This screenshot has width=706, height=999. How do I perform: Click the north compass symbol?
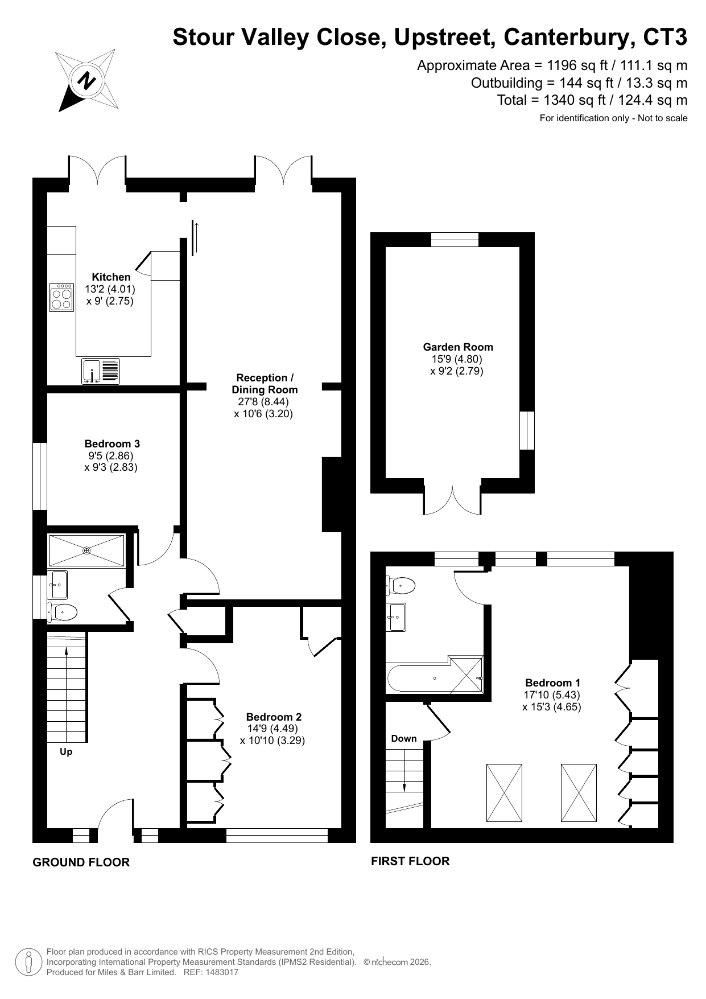pos(87,80)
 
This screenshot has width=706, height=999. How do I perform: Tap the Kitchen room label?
pos(111,277)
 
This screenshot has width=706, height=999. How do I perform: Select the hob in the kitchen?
pos(62,297)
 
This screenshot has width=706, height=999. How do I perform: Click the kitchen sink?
pos(101,371)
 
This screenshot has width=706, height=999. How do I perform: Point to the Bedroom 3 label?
pos(112,443)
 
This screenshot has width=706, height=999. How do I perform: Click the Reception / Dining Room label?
pos(265,384)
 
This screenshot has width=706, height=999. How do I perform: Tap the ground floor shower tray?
pos(86,550)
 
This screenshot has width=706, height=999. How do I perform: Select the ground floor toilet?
pos(63,612)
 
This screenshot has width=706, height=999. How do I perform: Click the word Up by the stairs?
pos(66,751)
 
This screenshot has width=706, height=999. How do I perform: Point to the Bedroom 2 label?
pos(274,717)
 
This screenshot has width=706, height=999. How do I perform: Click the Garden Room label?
pos(458,347)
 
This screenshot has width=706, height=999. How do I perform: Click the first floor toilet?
pos(401,585)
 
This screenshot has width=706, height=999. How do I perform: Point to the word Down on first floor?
pos(404,738)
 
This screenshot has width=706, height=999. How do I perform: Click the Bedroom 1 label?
pos(552,683)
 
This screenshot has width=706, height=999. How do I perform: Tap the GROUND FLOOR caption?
pos(81,862)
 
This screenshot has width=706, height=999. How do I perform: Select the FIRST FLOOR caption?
pos(410,861)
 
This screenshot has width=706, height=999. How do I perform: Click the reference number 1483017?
pos(219,972)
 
